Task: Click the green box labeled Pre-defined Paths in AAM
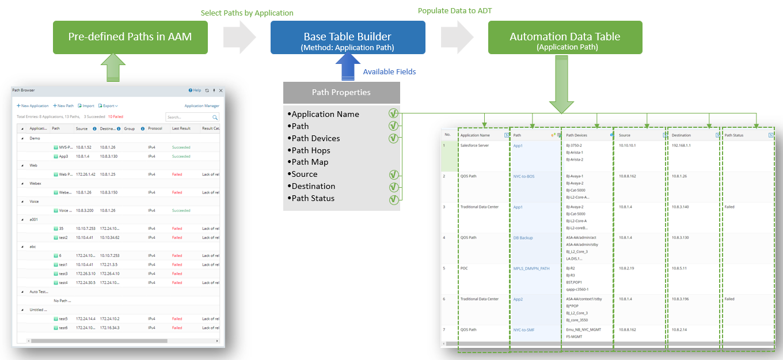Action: pos(130,37)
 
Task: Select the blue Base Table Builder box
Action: pos(348,37)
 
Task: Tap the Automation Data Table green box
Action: pos(565,37)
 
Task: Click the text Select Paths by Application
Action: pos(247,13)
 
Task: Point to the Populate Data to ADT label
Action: pos(455,10)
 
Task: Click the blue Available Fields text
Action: pos(389,72)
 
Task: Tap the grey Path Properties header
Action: pos(341,92)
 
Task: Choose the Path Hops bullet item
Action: pos(312,150)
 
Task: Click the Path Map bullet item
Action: pos(310,162)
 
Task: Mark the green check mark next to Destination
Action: pos(394,187)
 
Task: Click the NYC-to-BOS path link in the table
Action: pos(523,176)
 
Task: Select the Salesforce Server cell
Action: pos(474,146)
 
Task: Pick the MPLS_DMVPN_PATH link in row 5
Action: pos(531,268)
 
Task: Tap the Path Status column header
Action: pos(734,135)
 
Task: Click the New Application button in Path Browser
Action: pos(33,106)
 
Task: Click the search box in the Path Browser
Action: pos(188,117)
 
